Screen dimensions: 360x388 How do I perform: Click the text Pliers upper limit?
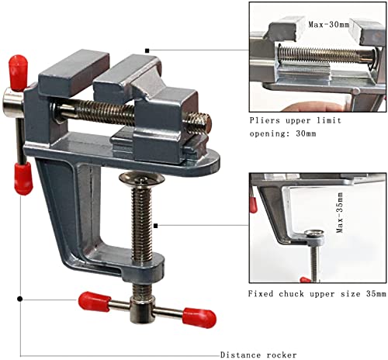pos(296,123)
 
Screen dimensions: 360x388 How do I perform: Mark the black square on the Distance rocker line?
pos(19,298)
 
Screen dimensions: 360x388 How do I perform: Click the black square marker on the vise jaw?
pos(147,50)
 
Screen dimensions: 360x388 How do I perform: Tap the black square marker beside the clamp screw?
pos(156,227)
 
